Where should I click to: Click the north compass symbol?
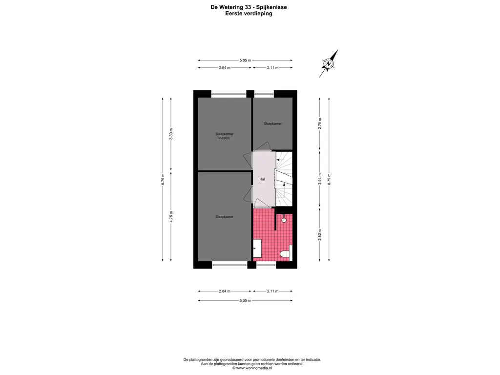point(329,63)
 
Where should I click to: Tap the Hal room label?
point(262,179)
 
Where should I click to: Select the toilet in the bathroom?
point(286,253)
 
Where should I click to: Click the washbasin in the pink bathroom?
point(257,249)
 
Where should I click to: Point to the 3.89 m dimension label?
point(171,134)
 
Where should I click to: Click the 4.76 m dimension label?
point(171,216)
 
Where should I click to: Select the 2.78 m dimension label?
point(320,124)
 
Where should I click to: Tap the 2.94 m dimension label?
point(320,179)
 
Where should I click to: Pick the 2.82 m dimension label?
point(320,235)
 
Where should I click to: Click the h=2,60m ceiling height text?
point(224,138)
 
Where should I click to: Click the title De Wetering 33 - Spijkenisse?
point(249,7)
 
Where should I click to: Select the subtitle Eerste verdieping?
point(249,13)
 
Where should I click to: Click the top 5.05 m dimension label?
point(245,60)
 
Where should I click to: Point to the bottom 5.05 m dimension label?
point(245,300)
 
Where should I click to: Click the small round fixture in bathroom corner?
point(284,220)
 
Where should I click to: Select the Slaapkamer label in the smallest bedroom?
point(272,124)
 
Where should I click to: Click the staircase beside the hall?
point(284,179)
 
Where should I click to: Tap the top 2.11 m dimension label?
point(272,67)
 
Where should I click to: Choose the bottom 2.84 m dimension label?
point(225,291)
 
